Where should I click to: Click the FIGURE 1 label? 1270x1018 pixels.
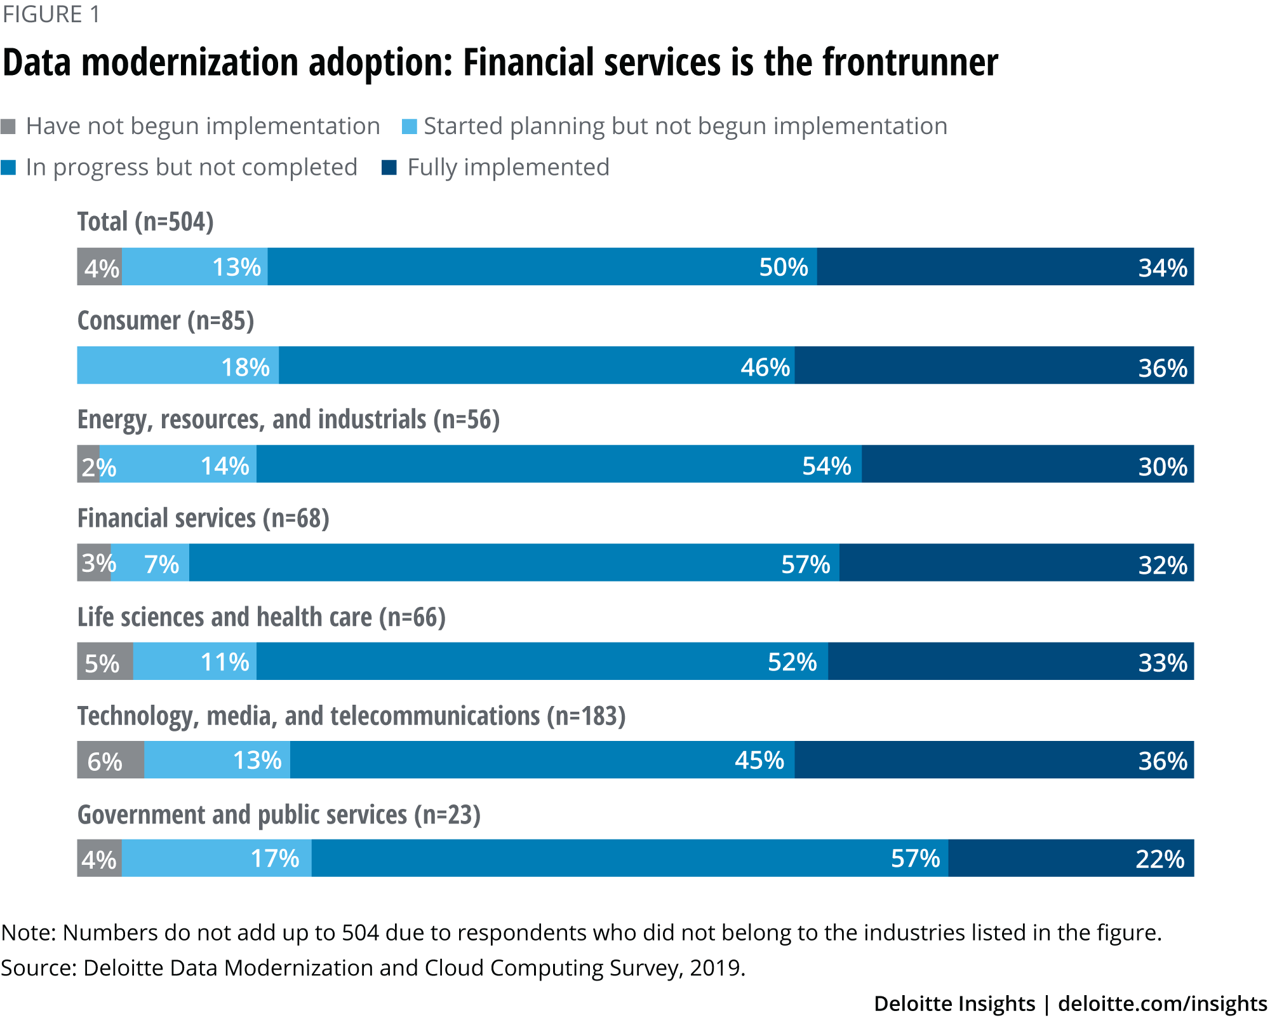pyautogui.click(x=51, y=14)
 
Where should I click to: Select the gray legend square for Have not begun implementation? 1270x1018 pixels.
pyautogui.click(x=8, y=126)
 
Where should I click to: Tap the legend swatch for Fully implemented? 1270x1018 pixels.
pyautogui.click(x=389, y=168)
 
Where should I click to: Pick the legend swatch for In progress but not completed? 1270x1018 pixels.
pyautogui.click(x=8, y=168)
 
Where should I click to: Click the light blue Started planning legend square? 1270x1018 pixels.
pyautogui.click(x=409, y=126)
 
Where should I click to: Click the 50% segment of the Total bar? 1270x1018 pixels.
pyautogui.click(x=542, y=267)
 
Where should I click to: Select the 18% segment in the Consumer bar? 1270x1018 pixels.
pyautogui.click(x=178, y=365)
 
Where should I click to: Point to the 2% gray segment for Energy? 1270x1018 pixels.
pyautogui.click(x=88, y=464)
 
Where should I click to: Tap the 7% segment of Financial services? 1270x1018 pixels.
pyautogui.click(x=150, y=562)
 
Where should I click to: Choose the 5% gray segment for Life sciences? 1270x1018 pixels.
pyautogui.click(x=105, y=661)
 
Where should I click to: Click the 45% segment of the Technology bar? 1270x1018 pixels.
pyautogui.click(x=542, y=759)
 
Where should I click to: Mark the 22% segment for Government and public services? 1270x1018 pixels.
pyautogui.click(x=1071, y=858)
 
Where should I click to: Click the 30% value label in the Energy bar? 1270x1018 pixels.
pyautogui.click(x=1162, y=467)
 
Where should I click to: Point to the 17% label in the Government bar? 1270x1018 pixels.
pyautogui.click(x=275, y=859)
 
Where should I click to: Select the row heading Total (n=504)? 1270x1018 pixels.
pyautogui.click(x=145, y=222)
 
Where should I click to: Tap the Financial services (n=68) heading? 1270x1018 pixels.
pyautogui.click(x=203, y=518)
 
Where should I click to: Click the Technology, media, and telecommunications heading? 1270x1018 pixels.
pyautogui.click(x=351, y=716)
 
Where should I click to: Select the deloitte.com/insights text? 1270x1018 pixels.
pyautogui.click(x=1162, y=1003)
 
